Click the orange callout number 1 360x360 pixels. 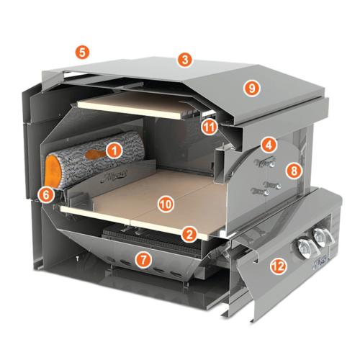pos(113,150)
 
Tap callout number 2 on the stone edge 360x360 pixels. pos(189,234)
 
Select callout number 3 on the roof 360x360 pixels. pos(186,60)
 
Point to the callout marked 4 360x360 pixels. pos(268,144)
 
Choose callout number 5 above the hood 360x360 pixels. pos(83,52)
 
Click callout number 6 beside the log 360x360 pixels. pos(47,194)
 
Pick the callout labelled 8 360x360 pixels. pos(292,171)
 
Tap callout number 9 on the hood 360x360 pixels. pos(251,88)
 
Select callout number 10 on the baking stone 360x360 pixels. pos(165,204)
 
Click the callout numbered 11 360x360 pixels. pos(209,127)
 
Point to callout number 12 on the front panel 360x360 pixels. pos(277,267)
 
